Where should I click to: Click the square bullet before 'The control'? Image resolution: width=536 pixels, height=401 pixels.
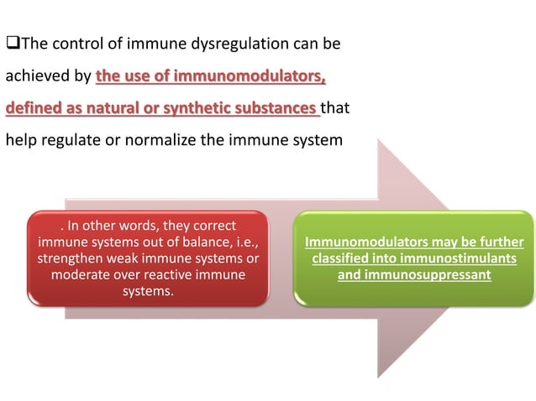[12, 41]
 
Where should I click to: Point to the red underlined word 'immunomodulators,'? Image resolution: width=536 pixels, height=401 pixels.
[256, 78]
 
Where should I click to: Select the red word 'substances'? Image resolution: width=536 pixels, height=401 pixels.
[292, 108]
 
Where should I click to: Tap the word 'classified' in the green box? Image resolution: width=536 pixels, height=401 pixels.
[344, 258]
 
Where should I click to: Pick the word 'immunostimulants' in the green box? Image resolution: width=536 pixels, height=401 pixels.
[456, 258]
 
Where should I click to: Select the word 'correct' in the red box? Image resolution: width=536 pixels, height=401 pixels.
[210, 227]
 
